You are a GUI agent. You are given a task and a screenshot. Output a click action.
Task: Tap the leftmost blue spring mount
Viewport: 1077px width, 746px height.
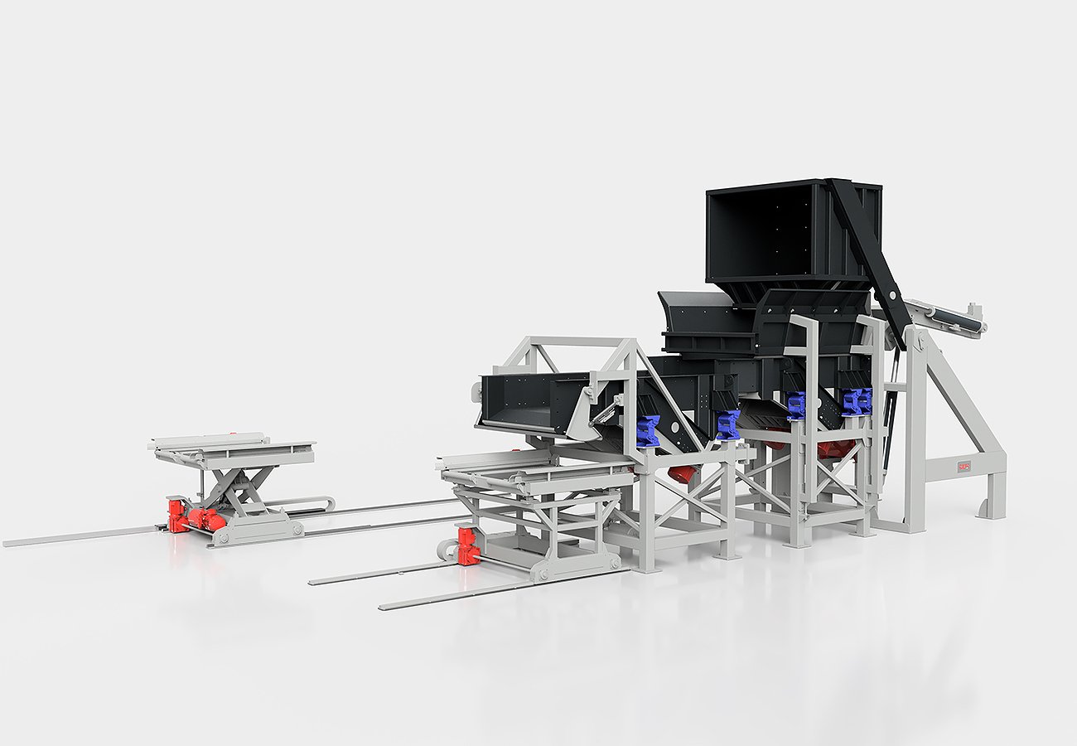[x=647, y=431]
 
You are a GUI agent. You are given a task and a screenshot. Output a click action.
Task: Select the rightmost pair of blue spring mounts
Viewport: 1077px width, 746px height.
[x=856, y=401]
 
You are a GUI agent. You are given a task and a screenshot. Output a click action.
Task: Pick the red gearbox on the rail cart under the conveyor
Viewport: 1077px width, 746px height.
[x=468, y=546]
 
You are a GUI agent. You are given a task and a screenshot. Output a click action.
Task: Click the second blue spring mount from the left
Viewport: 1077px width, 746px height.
[x=727, y=425]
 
